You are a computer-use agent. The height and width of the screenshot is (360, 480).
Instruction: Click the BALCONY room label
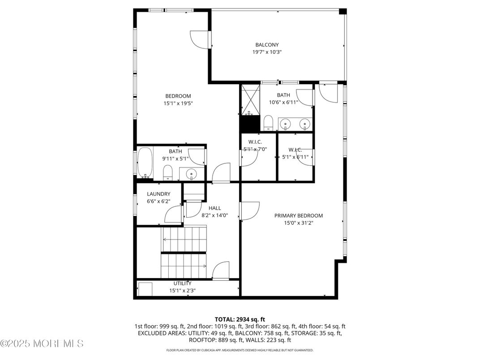pos(267,45)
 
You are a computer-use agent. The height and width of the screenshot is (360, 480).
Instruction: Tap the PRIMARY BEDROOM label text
pos(298,215)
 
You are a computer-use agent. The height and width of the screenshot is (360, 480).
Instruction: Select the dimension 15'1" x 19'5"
pos(178,103)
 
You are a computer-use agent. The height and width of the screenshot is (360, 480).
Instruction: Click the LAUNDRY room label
pos(159,194)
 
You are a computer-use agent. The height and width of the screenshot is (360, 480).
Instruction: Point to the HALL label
pos(214,208)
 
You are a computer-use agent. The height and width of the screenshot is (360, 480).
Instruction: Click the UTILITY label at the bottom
pos(182,283)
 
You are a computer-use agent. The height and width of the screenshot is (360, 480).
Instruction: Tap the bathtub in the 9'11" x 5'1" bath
pos(146,163)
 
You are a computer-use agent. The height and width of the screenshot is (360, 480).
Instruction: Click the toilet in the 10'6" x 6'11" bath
pos(268,122)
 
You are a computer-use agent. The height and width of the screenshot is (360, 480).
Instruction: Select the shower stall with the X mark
pos(250,99)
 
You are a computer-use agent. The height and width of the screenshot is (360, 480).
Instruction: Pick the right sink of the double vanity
pos(304,123)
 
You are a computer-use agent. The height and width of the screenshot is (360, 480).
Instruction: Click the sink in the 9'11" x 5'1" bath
pos(192,173)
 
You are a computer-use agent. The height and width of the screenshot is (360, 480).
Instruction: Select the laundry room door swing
pos(174,214)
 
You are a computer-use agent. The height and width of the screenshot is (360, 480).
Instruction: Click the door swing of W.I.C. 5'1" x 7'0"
pos(248,158)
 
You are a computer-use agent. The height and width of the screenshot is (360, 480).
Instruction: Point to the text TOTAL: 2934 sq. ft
pos(240,319)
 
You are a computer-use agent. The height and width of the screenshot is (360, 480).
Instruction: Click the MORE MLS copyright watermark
pos(42,344)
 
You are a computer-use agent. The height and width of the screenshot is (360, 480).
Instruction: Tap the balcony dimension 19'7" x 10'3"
pos(267,52)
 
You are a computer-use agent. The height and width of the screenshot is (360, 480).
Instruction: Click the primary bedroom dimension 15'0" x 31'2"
pos(298,223)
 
